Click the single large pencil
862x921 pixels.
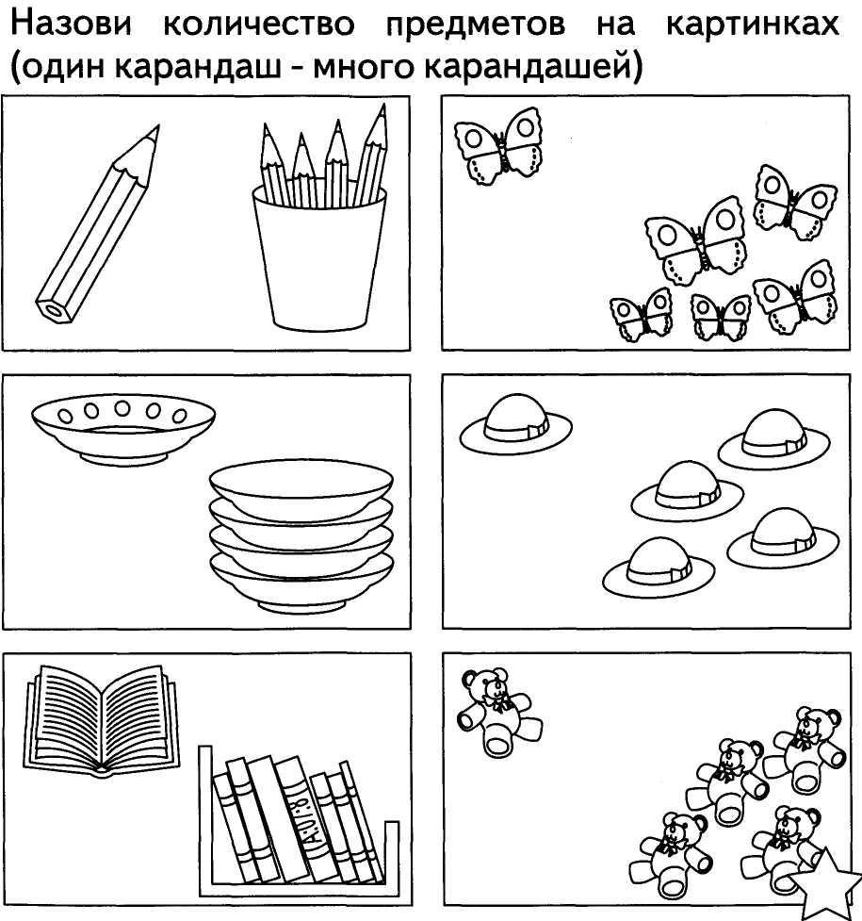94,226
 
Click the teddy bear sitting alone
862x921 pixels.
496,712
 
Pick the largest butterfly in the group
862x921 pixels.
697,240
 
